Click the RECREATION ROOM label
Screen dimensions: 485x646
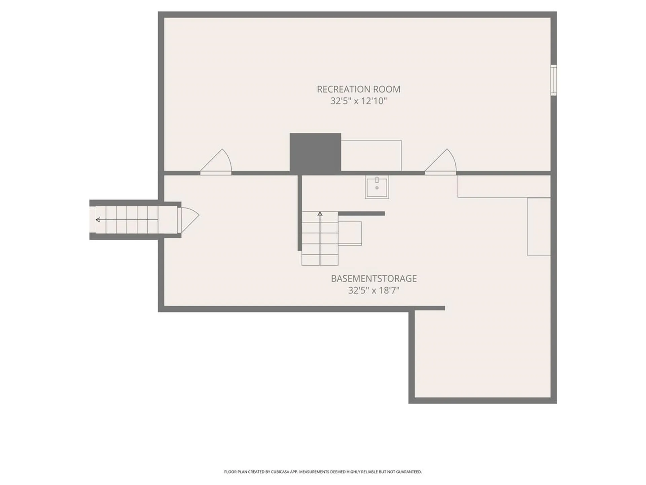358,89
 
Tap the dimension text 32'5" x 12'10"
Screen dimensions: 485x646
358,101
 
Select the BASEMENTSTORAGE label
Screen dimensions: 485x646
373,279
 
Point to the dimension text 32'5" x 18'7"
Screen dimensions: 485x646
373,290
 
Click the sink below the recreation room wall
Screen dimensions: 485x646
377,187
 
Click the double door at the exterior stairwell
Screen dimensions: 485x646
188,220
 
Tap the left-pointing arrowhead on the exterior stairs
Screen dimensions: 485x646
98,220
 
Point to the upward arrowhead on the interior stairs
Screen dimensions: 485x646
320,214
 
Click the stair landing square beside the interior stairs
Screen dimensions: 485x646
350,233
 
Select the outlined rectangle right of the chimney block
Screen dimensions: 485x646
371,156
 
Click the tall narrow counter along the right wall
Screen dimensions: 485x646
538,226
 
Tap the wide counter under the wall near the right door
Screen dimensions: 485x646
504,186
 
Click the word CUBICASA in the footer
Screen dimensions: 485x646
281,472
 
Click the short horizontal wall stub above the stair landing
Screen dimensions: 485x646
361,214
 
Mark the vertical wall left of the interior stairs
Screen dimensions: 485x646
299,213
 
